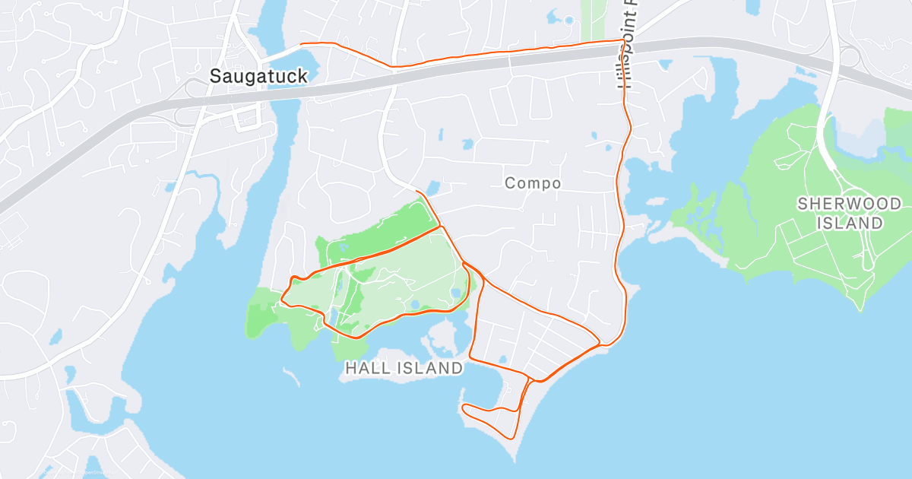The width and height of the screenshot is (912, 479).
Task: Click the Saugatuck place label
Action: click(x=258, y=76)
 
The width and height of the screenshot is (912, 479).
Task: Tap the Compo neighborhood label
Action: click(x=533, y=183)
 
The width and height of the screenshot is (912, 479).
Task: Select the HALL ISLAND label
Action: click(x=404, y=368)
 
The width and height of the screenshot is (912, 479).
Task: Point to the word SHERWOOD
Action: click(x=849, y=204)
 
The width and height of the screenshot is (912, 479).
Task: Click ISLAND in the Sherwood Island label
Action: click(x=850, y=223)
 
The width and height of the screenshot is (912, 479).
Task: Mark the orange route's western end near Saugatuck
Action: click(x=302, y=44)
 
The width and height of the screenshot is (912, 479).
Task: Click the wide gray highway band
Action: click(x=456, y=72)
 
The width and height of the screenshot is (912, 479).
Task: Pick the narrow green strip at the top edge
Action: click(x=591, y=19)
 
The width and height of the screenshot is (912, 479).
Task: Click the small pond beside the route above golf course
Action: click(x=433, y=186)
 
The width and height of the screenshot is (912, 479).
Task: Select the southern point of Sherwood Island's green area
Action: click(x=860, y=308)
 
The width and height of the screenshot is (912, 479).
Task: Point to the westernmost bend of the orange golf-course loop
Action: click(x=283, y=297)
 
